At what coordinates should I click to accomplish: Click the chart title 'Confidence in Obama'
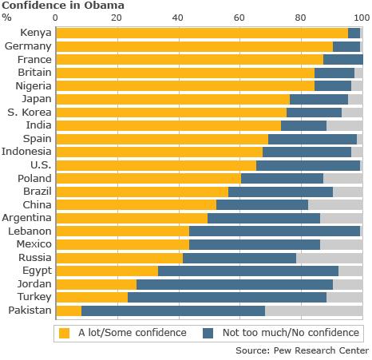pyautogui.click(x=63, y=6)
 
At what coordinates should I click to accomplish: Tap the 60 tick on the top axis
pyautogui.click(x=239, y=18)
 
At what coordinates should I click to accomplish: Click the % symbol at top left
pyautogui.click(x=7, y=18)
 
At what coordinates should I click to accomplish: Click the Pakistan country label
pyautogui.click(x=30, y=310)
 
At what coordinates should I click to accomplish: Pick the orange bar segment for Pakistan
pyautogui.click(x=69, y=311)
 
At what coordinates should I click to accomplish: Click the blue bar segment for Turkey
pyautogui.click(x=227, y=297)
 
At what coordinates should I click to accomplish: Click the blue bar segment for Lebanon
pyautogui.click(x=274, y=231)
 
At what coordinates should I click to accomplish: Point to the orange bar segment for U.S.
pyautogui.click(x=156, y=165)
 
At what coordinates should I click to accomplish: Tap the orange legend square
pyautogui.click(x=65, y=332)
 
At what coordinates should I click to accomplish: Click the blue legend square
pyautogui.click(x=208, y=332)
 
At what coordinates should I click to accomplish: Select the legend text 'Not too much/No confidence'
pyautogui.click(x=291, y=332)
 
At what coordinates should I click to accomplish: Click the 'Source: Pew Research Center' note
pyautogui.click(x=302, y=350)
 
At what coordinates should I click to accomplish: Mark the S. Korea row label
pyautogui.click(x=31, y=112)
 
